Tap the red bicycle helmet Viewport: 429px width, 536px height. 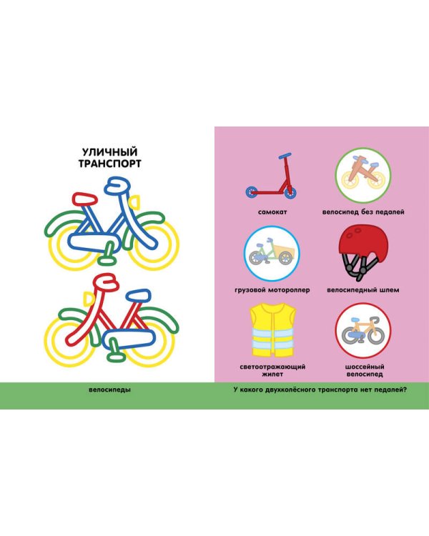coord(363,252)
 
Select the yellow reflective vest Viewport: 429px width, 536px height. coord(272,330)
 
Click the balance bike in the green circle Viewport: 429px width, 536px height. coord(363,175)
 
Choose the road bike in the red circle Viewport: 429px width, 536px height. coord(363,331)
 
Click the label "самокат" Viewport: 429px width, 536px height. coord(272,212)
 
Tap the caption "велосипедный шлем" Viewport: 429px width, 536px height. coord(363,290)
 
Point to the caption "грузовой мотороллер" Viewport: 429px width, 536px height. coord(272,290)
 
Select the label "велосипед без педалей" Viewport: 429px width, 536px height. coord(363,212)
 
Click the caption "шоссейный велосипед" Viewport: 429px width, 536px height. coord(365,370)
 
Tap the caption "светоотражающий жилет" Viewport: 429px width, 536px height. coord(272,370)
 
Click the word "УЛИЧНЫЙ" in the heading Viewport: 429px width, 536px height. coord(110,152)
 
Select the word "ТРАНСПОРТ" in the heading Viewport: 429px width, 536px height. coord(110,164)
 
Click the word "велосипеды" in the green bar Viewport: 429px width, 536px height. coord(109,389)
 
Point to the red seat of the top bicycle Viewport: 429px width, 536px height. coord(84,199)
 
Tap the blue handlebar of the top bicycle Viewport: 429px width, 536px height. coord(117,186)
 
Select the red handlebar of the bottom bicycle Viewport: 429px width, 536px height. coord(106,282)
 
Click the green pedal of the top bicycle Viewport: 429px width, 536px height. coord(107,254)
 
